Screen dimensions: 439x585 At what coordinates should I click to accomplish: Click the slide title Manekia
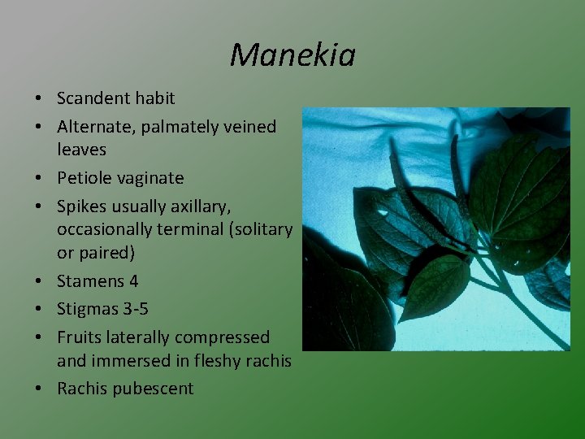[x=292, y=55]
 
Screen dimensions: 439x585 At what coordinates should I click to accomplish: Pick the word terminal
[x=187, y=229]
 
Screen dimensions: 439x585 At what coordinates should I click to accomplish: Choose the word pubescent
[x=154, y=389]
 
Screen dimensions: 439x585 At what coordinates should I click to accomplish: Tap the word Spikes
[x=81, y=206]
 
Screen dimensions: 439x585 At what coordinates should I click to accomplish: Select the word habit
[x=155, y=98]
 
